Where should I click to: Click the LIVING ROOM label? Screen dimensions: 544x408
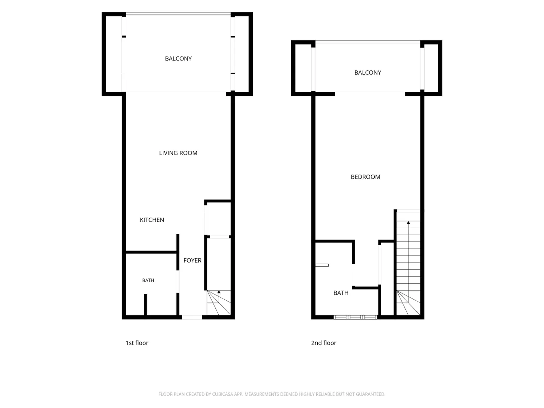pos(178,153)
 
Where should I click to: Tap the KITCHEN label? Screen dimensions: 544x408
pos(152,220)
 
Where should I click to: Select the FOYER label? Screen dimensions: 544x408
pos(192,260)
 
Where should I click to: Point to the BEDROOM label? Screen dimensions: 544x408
pos(366,177)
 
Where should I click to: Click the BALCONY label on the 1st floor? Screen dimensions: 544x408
pos(178,59)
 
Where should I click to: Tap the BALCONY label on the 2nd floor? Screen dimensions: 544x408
pos(368,73)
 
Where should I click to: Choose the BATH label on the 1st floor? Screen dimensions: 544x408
pos(148,280)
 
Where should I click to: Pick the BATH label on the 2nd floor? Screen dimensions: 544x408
pos(341,293)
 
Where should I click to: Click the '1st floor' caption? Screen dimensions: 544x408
pos(137,343)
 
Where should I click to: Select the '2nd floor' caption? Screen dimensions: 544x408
pos(324,343)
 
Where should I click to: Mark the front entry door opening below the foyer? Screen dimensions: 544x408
pos(192,317)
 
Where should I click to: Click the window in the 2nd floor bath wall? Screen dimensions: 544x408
pos(355,317)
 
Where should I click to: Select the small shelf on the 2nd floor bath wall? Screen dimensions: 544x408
pos(322,265)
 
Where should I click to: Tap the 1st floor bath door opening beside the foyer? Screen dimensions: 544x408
pos(178,282)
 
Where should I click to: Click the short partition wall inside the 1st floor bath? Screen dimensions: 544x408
pos(145,305)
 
